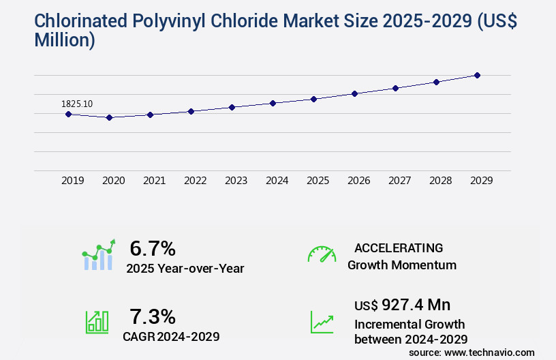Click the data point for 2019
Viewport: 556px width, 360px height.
click(68, 114)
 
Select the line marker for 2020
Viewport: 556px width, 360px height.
click(109, 117)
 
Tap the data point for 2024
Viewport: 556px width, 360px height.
click(273, 103)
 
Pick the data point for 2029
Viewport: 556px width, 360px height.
click(477, 75)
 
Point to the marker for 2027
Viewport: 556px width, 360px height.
click(395, 88)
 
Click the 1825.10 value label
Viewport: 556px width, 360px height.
click(77, 104)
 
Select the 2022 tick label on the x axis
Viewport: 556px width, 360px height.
click(196, 181)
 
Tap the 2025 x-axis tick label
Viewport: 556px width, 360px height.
click(318, 181)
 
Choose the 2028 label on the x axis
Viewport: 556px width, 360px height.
click(441, 181)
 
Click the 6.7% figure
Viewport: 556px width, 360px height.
click(153, 247)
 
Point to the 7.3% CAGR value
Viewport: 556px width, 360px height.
click(153, 316)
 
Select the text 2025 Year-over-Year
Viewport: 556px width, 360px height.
click(185, 269)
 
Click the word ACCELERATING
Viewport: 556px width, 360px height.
click(399, 247)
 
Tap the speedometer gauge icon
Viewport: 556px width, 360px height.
click(322, 254)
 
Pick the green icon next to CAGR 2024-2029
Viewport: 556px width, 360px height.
click(97, 322)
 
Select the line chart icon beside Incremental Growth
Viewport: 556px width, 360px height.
click(322, 322)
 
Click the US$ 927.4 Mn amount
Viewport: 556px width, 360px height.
click(402, 304)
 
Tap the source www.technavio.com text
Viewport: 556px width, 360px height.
click(472, 352)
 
